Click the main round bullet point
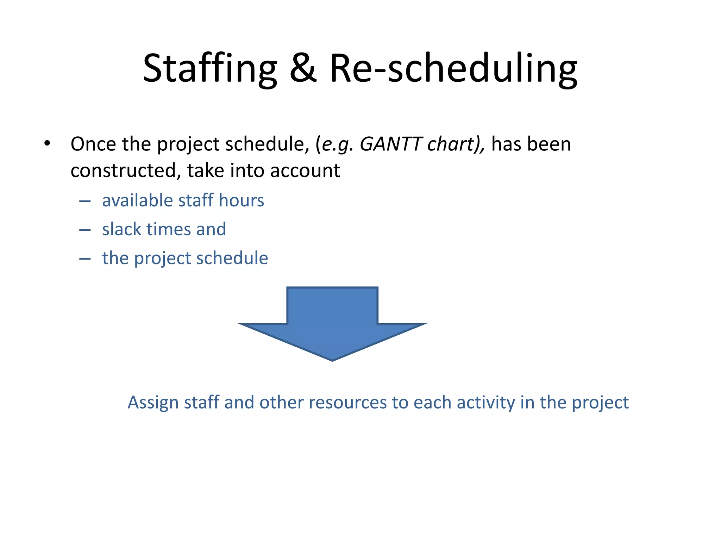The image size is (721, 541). click(47, 144)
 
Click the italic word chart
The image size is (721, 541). click(452, 144)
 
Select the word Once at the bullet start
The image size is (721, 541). click(93, 144)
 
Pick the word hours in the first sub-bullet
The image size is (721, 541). click(241, 200)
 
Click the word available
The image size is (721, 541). click(137, 200)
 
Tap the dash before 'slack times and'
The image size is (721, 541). click(85, 230)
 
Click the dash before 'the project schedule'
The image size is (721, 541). click(85, 259)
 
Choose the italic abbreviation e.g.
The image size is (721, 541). click(337, 145)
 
